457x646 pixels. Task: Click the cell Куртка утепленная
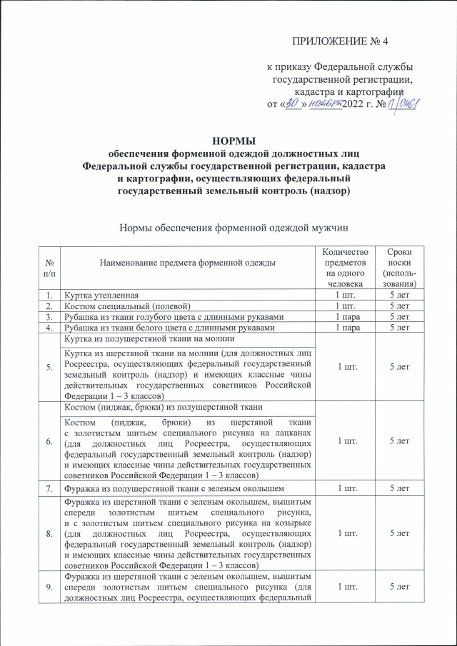coord(106,294)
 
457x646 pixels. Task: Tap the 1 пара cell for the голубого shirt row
coord(346,316)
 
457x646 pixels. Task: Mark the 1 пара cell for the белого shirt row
coord(346,328)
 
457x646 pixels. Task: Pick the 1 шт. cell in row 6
coord(346,440)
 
